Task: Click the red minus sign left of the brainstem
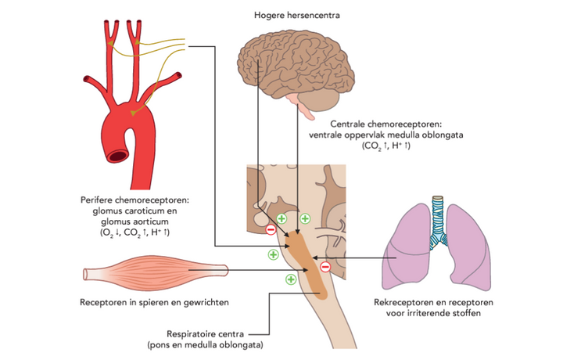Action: [x=271, y=229]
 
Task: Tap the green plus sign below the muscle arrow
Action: [x=290, y=279]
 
